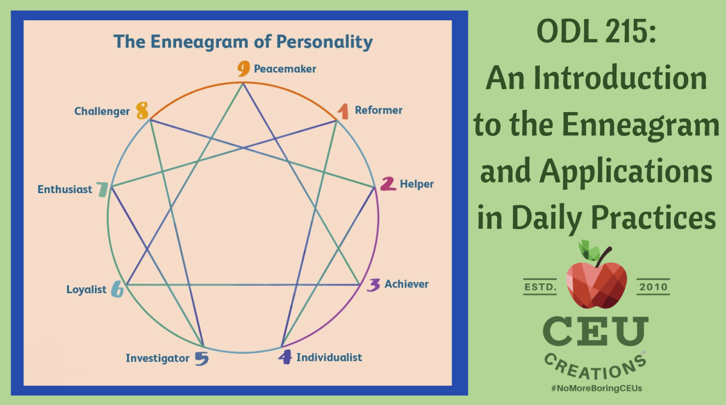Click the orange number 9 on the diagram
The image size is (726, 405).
coord(244,68)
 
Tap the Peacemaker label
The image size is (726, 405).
coord(285,69)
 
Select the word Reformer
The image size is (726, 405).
coord(378,110)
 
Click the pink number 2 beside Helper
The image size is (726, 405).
coord(388,184)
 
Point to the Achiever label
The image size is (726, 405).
coord(406,284)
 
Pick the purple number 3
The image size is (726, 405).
coord(374,285)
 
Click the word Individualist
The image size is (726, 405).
coord(329,357)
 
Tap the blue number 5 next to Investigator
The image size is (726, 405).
coord(202,358)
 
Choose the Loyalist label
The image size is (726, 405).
coord(86,289)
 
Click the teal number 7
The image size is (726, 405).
coord(103,189)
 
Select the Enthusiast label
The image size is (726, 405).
coord(65,189)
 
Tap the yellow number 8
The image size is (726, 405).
coord(142,111)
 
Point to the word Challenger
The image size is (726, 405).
coord(102,111)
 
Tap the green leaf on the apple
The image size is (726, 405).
coord(588,250)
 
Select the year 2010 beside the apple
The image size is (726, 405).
coord(653,287)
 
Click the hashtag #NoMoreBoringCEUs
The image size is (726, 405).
coord(596,388)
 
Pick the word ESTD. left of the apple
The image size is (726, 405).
coord(540,287)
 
